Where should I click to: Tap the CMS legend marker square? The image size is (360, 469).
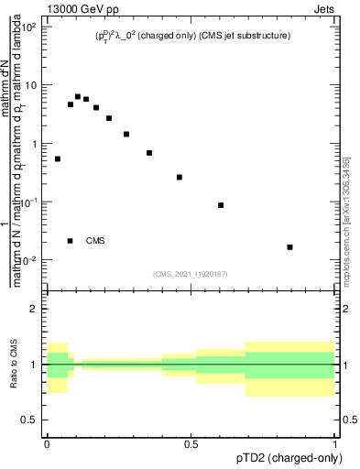[71, 241]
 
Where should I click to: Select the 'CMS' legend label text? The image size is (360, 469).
[95, 241]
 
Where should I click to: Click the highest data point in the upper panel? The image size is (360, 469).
[78, 96]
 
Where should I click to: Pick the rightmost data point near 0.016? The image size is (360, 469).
[290, 246]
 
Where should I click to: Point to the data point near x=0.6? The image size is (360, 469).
[221, 205]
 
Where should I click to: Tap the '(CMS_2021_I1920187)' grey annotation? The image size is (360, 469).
[191, 273]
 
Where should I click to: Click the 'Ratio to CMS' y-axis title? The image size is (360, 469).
[12, 365]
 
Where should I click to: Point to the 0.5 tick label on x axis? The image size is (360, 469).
[191, 442]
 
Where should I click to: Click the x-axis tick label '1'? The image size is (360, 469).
[335, 442]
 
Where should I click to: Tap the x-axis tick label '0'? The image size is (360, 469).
[47, 442]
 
